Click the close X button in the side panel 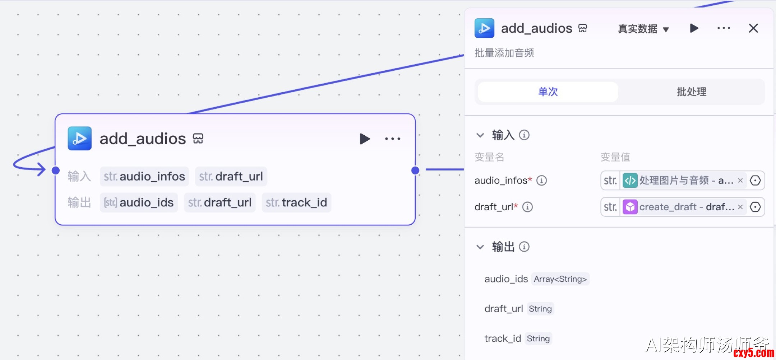(753, 28)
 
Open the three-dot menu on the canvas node (392, 139)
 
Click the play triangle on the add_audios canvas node (364, 139)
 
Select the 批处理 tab (691, 92)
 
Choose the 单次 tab (548, 92)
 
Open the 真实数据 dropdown (643, 29)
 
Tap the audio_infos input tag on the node (144, 177)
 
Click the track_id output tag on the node (296, 203)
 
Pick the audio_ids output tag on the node (139, 203)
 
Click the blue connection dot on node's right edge (415, 170)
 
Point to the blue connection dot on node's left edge (56, 170)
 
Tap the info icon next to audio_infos (541, 180)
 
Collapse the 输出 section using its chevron (480, 247)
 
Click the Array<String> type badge (560, 279)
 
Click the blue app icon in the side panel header (484, 28)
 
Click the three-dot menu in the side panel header (724, 28)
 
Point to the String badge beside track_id (538, 338)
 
